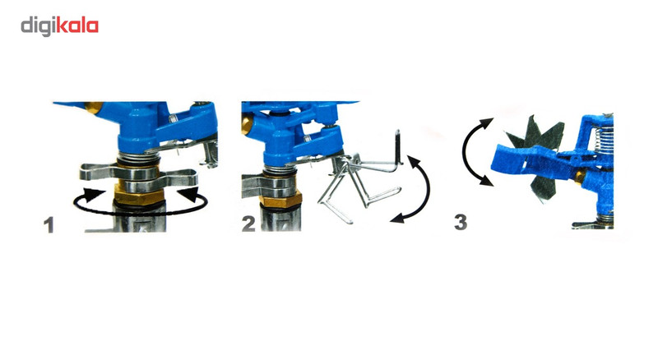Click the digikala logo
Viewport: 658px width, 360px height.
(x=59, y=26)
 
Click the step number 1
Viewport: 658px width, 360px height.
(x=49, y=225)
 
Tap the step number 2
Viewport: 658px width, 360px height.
(x=248, y=224)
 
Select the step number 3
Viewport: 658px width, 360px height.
(x=461, y=222)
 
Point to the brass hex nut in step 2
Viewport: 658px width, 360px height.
(x=280, y=200)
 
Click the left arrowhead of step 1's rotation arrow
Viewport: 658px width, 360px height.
(x=94, y=195)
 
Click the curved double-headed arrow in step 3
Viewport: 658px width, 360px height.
(x=465, y=152)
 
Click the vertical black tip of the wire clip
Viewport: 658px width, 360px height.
(x=398, y=145)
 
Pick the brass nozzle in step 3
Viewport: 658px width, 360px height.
(x=580, y=177)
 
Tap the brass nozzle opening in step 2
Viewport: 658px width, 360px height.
(x=246, y=124)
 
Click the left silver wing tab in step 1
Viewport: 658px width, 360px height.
(x=97, y=172)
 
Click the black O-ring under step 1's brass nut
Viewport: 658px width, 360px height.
(x=139, y=205)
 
